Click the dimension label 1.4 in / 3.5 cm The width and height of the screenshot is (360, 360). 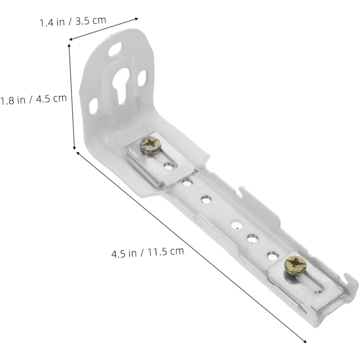coord(73,21)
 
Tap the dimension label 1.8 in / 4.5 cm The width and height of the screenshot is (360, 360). coord(33,99)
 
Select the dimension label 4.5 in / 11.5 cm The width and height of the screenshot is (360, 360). coord(148,252)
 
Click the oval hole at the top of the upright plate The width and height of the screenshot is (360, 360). coord(116,49)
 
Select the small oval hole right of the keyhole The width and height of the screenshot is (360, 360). coord(142,78)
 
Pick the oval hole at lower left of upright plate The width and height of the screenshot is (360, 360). coord(94,106)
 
